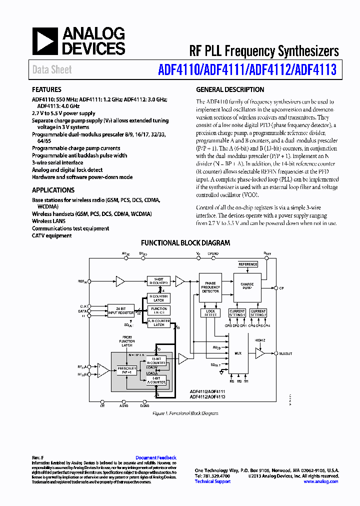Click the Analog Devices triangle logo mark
[45, 41]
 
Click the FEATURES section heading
[47, 90]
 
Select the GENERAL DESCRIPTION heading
[230, 90]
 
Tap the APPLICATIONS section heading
[53, 190]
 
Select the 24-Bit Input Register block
[121, 310]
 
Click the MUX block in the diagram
[238, 353]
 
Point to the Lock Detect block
[210, 313]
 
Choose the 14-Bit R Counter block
[159, 281]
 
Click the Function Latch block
[159, 310]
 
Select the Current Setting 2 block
[258, 313]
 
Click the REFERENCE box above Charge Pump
[247, 264]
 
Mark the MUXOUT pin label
[286, 353]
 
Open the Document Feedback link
[156, 457]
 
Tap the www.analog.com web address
[320, 481]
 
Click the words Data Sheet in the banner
[52, 70]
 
